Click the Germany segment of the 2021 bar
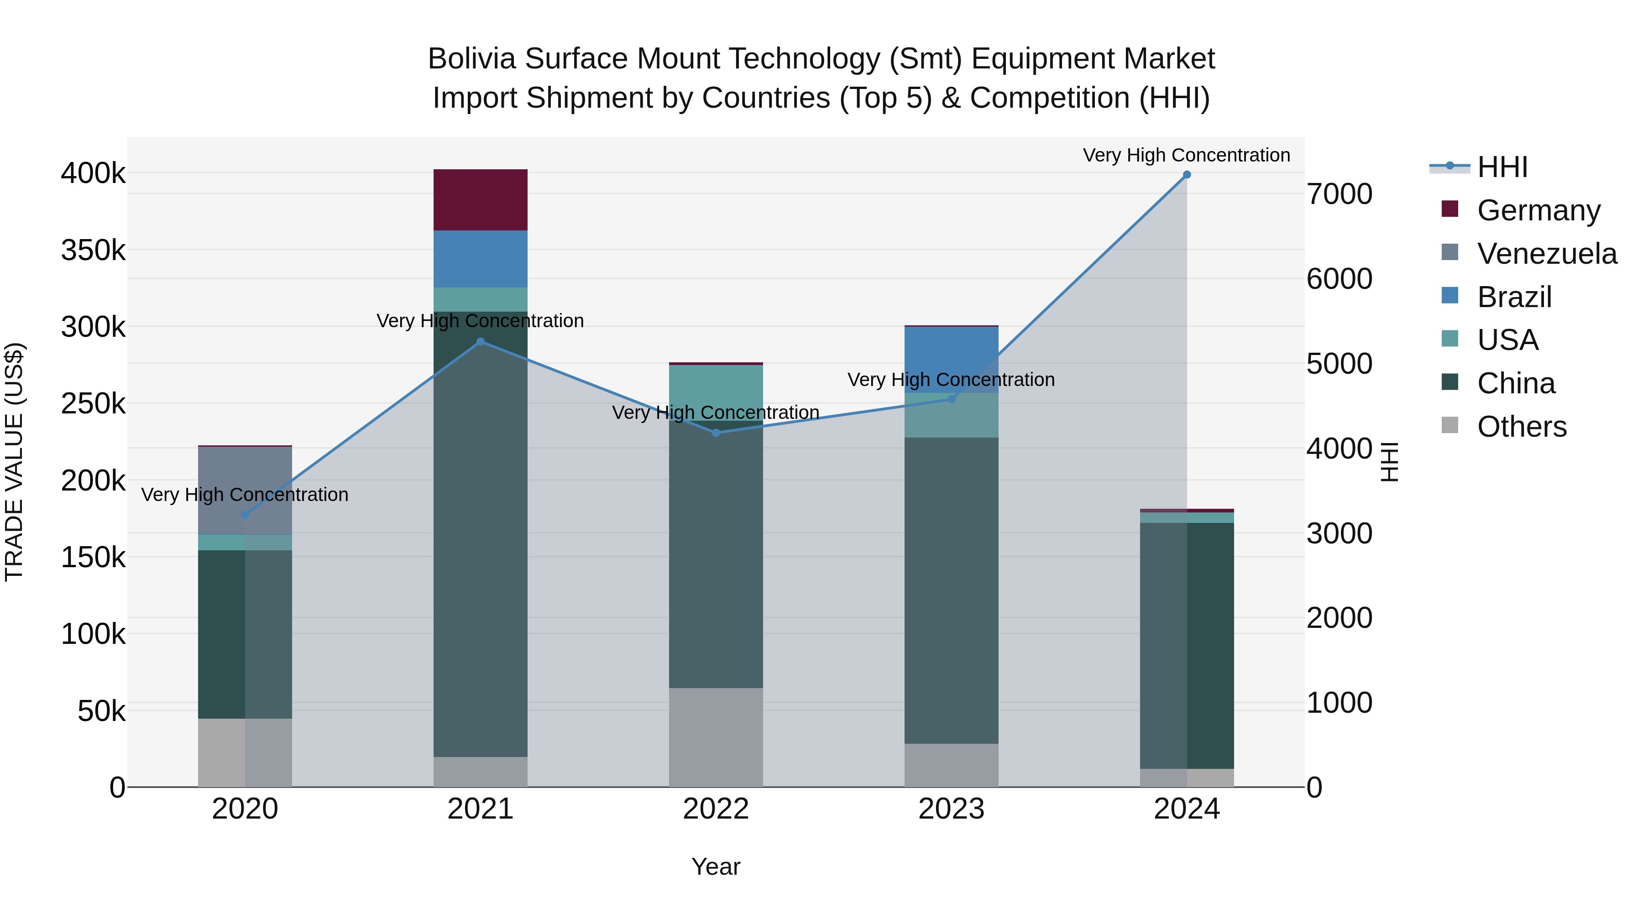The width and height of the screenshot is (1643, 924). click(480, 199)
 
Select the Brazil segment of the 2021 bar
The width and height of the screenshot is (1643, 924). click(480, 259)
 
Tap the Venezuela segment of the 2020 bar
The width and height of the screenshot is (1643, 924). click(245, 490)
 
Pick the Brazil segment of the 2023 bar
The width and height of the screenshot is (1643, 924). click(951, 359)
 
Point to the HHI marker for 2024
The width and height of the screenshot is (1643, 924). click(1186, 175)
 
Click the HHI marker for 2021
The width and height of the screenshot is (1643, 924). click(480, 342)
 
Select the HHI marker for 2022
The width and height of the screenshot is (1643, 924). click(716, 433)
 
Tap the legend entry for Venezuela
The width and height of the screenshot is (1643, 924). click(1546, 254)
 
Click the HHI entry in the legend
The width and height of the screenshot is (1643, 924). click(1502, 167)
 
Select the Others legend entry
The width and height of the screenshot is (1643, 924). click(1521, 427)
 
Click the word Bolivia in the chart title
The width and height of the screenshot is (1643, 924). click(471, 59)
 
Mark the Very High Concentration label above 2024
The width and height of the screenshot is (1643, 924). click(1186, 156)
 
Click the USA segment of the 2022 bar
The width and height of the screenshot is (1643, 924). click(716, 392)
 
